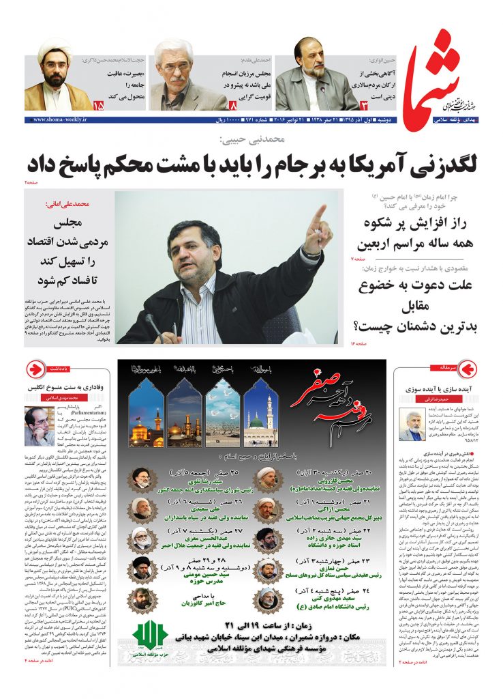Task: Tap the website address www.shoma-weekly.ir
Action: (x=58, y=119)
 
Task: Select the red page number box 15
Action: (x=99, y=106)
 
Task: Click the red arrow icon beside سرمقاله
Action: (x=467, y=369)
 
